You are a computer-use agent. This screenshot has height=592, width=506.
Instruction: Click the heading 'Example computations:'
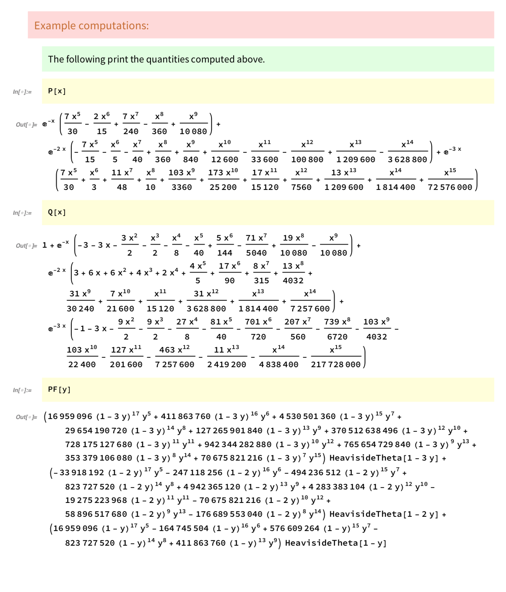click(x=91, y=26)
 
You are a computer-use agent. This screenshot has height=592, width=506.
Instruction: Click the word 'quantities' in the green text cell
click(x=167, y=59)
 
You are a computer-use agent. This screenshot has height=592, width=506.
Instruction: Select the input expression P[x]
click(x=57, y=91)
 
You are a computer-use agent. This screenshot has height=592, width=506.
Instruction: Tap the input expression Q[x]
click(x=57, y=212)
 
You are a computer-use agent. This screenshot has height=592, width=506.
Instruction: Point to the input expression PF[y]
click(x=59, y=389)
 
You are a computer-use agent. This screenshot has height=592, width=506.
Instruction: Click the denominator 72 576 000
click(x=450, y=187)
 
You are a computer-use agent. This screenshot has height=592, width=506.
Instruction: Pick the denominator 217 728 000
click(x=336, y=364)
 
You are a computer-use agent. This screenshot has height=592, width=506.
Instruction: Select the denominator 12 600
click(x=224, y=159)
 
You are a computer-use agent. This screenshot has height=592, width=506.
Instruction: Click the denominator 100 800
click(x=307, y=159)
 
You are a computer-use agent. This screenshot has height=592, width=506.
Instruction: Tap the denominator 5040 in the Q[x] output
click(x=256, y=253)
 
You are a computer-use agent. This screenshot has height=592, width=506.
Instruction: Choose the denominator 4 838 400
click(x=279, y=364)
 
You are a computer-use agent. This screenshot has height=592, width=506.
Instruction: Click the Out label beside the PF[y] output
click(x=26, y=417)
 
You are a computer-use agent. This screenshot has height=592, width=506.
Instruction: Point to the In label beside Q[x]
click(x=22, y=213)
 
